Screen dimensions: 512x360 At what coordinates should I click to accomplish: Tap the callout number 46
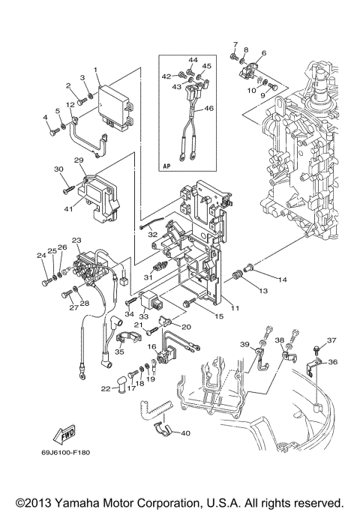pyautogui.click(x=209, y=109)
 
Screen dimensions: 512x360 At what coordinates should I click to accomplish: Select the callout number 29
pyautogui.click(x=78, y=160)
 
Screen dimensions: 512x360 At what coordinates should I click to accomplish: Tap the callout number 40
pyautogui.click(x=185, y=433)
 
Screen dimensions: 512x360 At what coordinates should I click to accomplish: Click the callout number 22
pyautogui.click(x=106, y=388)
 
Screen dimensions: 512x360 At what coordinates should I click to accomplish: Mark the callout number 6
pyautogui.click(x=264, y=53)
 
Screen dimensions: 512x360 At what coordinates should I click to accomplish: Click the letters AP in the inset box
pyautogui.click(x=166, y=166)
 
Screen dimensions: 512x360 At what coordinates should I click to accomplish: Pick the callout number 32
pyautogui.click(x=152, y=235)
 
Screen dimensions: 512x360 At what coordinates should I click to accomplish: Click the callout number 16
pyautogui.click(x=152, y=347)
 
